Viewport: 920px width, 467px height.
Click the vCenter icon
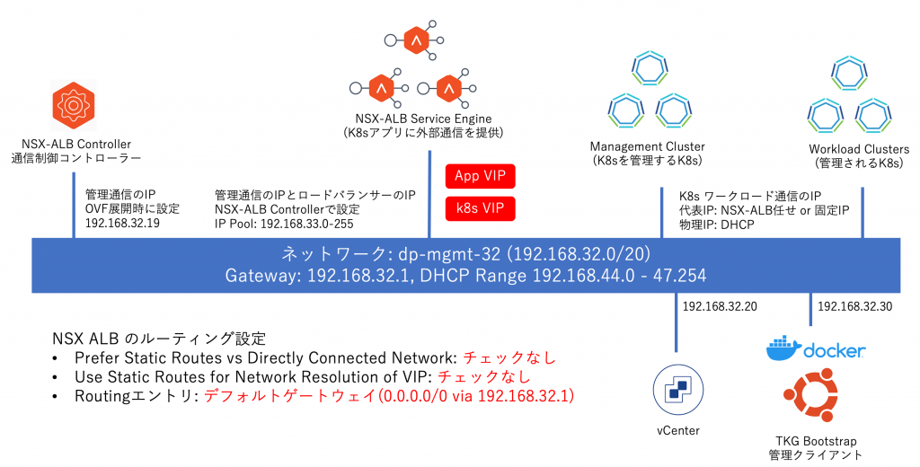tap(676, 389)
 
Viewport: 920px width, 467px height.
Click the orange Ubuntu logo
tap(816, 401)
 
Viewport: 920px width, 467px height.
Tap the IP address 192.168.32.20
tap(720, 306)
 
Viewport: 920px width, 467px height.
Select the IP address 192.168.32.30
tap(854, 306)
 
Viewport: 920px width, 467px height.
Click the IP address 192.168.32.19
tap(122, 224)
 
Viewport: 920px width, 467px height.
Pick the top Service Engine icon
tap(415, 41)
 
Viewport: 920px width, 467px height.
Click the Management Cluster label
tap(647, 147)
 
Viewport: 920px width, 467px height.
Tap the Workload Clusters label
tap(859, 149)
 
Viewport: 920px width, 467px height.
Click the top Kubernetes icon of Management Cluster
tap(649, 68)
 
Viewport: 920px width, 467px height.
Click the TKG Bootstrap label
tap(816, 441)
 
